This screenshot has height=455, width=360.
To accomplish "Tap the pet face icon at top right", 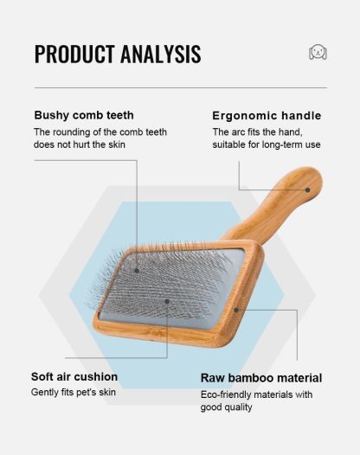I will point(318,53).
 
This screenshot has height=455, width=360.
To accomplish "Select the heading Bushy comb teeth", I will point(84,115).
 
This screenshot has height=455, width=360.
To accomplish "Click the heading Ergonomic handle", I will point(267,115).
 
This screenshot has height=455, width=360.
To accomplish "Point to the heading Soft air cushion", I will point(74,376).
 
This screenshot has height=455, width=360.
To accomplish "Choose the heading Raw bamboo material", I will point(261,378).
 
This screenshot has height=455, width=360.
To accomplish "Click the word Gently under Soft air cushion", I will point(46,392).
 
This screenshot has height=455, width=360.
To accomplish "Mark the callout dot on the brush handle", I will point(306,189).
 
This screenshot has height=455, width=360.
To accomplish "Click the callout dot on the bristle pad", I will point(167,302).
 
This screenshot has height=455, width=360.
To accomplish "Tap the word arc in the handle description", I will point(239,131).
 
